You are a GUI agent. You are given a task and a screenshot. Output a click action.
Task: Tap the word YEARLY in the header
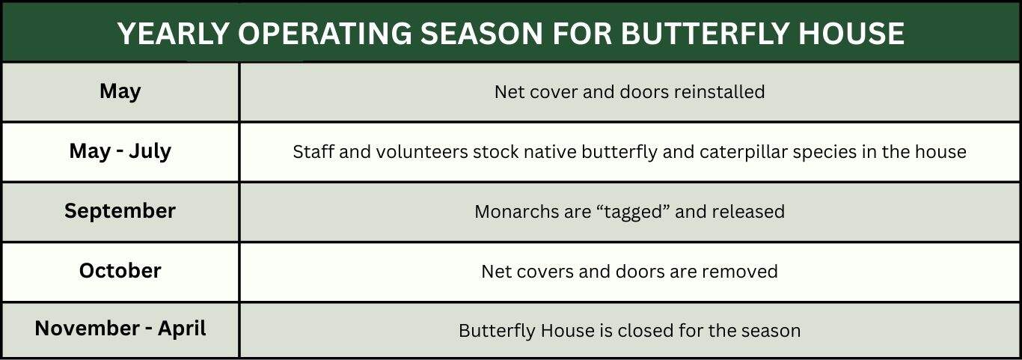[x=173, y=34]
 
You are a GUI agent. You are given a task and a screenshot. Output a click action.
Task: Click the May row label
[x=120, y=92]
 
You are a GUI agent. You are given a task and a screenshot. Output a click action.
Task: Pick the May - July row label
[x=120, y=151]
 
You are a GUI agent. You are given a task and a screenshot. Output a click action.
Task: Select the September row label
[x=120, y=211]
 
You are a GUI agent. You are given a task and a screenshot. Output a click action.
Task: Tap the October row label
[x=120, y=271]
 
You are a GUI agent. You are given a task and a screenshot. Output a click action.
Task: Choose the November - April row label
[x=120, y=329]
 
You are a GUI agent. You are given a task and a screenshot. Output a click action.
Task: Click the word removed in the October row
[x=739, y=272]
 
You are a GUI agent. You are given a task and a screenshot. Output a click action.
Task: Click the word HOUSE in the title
[x=851, y=34]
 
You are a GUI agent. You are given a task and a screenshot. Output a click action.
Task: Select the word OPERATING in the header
[x=325, y=34]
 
